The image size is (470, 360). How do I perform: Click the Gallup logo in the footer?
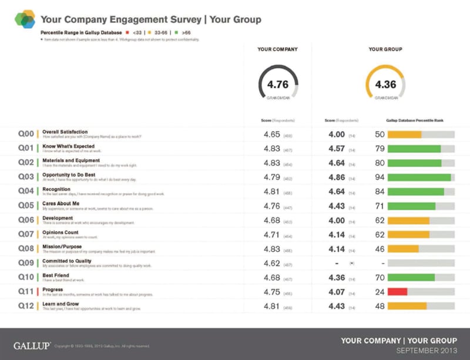click(32, 345)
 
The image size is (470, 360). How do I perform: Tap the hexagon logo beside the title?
click(25, 19)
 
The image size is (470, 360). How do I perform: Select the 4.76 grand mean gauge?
click(277, 85)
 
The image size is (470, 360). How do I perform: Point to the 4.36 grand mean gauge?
click(385, 85)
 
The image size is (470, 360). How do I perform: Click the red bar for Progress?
click(397, 291)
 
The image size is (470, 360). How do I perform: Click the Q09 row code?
click(26, 263)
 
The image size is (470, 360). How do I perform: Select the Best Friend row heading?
click(55, 275)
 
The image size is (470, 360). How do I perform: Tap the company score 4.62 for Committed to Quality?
click(270, 263)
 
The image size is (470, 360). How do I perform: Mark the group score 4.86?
click(336, 177)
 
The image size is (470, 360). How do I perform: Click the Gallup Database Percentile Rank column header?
click(414, 120)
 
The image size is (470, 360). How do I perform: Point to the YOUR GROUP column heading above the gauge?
click(385, 49)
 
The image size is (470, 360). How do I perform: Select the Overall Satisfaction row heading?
click(65, 132)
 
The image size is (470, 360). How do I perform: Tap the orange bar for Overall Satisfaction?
click(404, 134)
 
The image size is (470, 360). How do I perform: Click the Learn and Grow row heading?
click(61, 304)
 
